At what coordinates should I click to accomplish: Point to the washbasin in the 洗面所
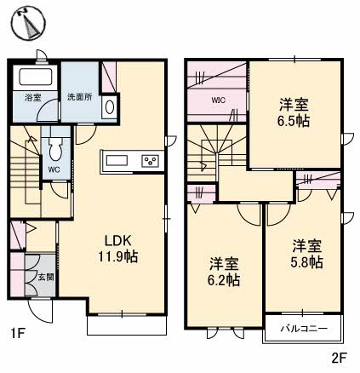point(110,108)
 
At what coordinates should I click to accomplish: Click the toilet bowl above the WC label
point(54,152)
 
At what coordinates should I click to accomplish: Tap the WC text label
point(53,169)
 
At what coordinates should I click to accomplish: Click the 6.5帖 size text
point(294,121)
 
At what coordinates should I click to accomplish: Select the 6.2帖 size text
point(226,278)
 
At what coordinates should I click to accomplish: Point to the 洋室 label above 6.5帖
point(294,105)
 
